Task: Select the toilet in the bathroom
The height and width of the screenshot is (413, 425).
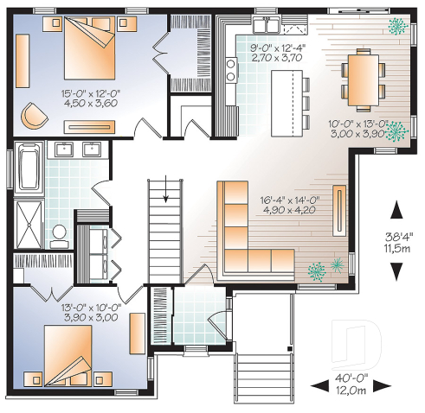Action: [58, 232]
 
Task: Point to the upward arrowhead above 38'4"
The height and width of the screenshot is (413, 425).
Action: [396, 210]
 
